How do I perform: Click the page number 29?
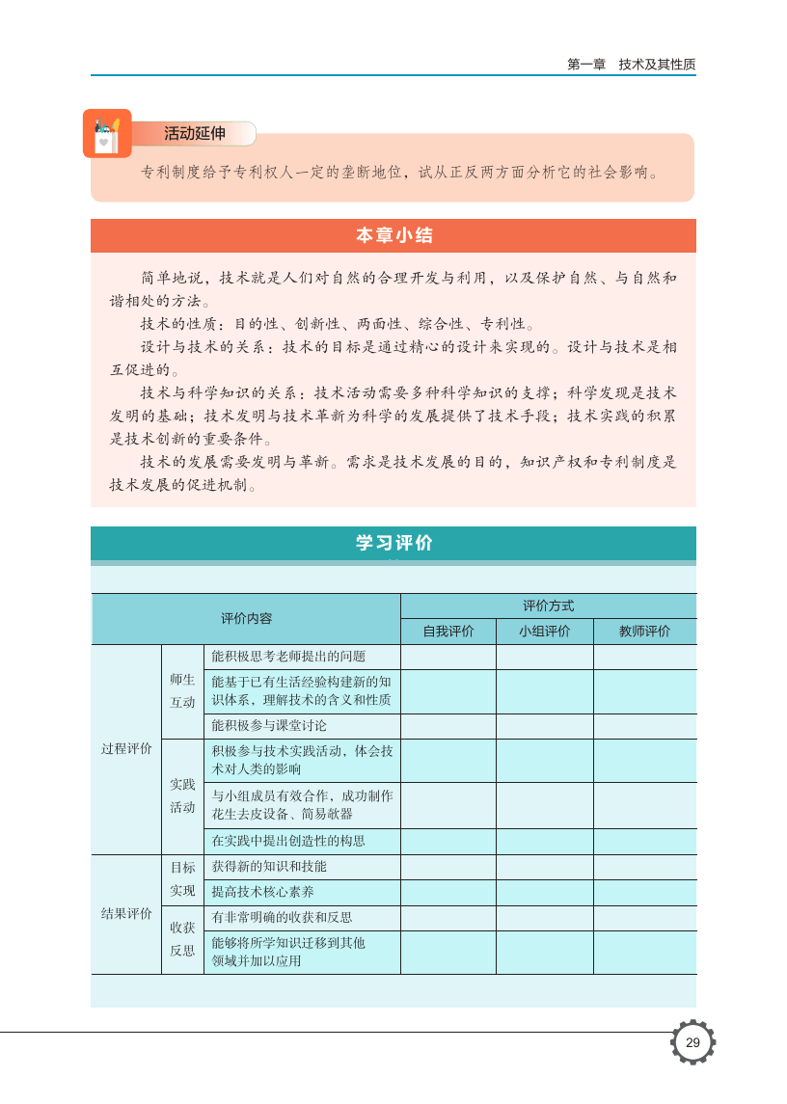point(692,1042)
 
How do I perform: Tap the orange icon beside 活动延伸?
point(106,134)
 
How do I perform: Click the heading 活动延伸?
point(194,134)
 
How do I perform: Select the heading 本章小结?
point(393,235)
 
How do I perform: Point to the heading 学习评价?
point(393,543)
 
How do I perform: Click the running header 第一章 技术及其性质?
point(631,65)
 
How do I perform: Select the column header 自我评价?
point(448,632)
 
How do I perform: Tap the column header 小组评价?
point(544,632)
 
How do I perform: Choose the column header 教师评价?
point(644,632)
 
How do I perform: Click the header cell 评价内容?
point(246,619)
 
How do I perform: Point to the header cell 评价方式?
point(548,606)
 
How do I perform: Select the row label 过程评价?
point(126,749)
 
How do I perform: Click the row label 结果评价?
point(126,914)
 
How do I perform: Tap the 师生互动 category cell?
point(182,690)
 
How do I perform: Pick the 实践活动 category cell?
point(182,796)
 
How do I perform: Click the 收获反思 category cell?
point(182,939)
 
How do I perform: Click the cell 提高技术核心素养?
point(262,892)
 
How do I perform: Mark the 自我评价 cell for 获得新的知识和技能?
point(448,867)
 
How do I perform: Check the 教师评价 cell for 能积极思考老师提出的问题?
point(644,657)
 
